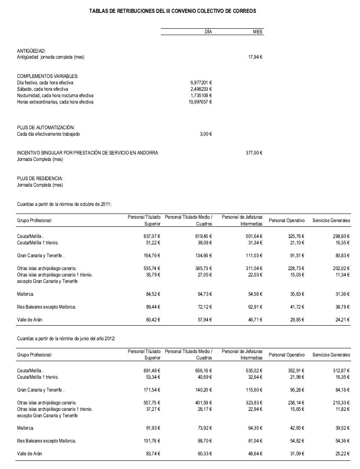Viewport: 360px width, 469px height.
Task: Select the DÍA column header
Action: click(208, 32)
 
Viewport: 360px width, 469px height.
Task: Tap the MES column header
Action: click(258, 32)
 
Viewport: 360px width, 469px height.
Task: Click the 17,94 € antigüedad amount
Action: click(255, 57)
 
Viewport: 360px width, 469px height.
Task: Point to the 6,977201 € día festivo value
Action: click(201, 83)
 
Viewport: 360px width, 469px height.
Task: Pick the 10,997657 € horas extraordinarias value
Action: click(200, 102)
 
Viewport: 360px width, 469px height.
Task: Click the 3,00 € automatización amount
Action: click(206, 134)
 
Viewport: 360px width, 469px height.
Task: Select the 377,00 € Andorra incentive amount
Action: click(254, 153)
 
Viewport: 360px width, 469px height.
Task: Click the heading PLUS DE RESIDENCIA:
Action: click(40, 178)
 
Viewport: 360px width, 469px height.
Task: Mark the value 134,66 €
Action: click(204, 256)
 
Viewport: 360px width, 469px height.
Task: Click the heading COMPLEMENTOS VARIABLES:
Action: click(47, 76)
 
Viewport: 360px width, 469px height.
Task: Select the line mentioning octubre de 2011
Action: click(64, 204)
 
